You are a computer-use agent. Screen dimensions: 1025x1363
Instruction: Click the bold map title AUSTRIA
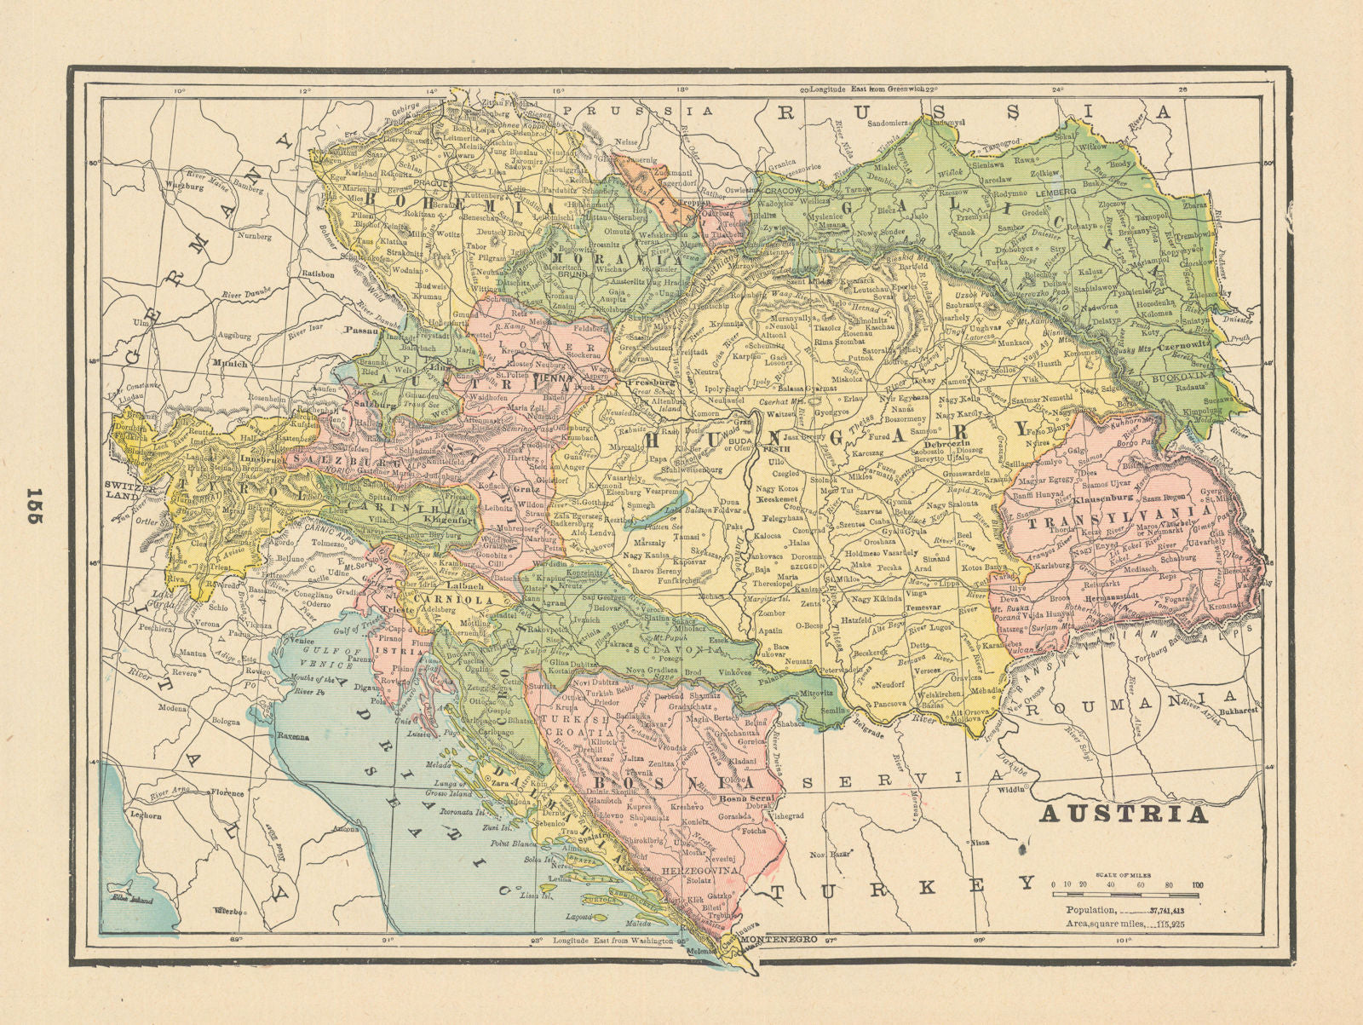click(x=1124, y=814)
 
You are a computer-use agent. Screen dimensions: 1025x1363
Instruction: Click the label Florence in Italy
click(x=227, y=792)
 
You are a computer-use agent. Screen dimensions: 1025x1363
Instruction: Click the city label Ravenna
click(x=291, y=736)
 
